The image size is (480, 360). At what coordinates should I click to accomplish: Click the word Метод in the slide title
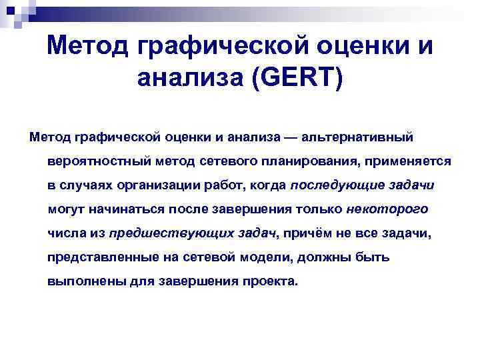point(88,47)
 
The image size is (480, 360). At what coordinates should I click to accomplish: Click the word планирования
point(300,162)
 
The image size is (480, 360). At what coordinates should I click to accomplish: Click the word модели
point(257,257)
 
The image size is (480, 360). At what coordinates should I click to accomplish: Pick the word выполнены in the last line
point(79,281)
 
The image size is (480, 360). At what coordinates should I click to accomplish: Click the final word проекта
point(271,281)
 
